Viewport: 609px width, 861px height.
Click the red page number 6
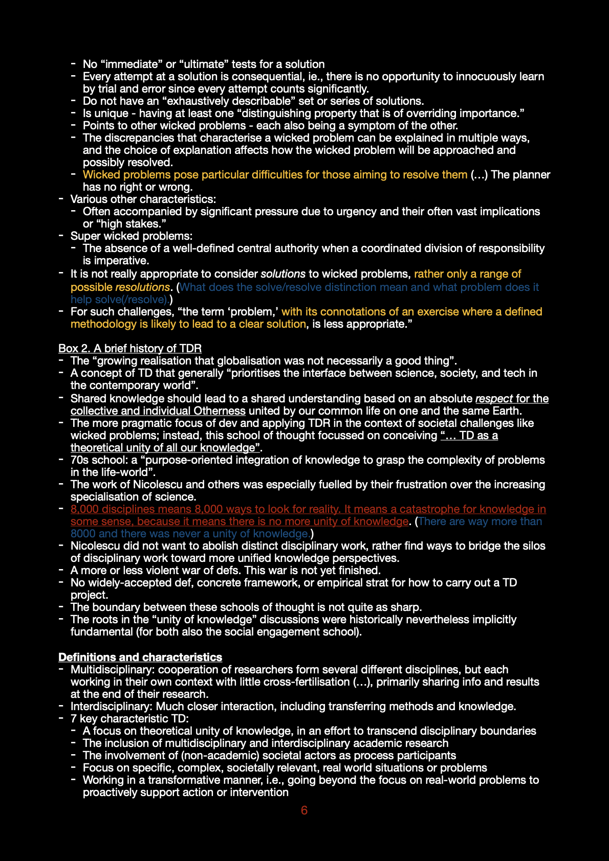coord(304,810)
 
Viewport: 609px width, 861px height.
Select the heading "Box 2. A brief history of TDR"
coord(130,349)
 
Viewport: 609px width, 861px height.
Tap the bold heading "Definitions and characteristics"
coord(140,658)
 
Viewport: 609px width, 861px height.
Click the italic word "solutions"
coord(283,274)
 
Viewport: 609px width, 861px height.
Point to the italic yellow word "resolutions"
coord(142,287)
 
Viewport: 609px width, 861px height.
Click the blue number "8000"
coord(83,534)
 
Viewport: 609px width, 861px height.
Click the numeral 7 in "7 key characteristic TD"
coord(74,719)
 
